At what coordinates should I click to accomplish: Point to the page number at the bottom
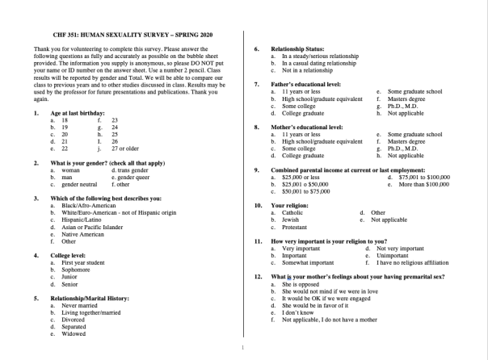pos(243,348)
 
